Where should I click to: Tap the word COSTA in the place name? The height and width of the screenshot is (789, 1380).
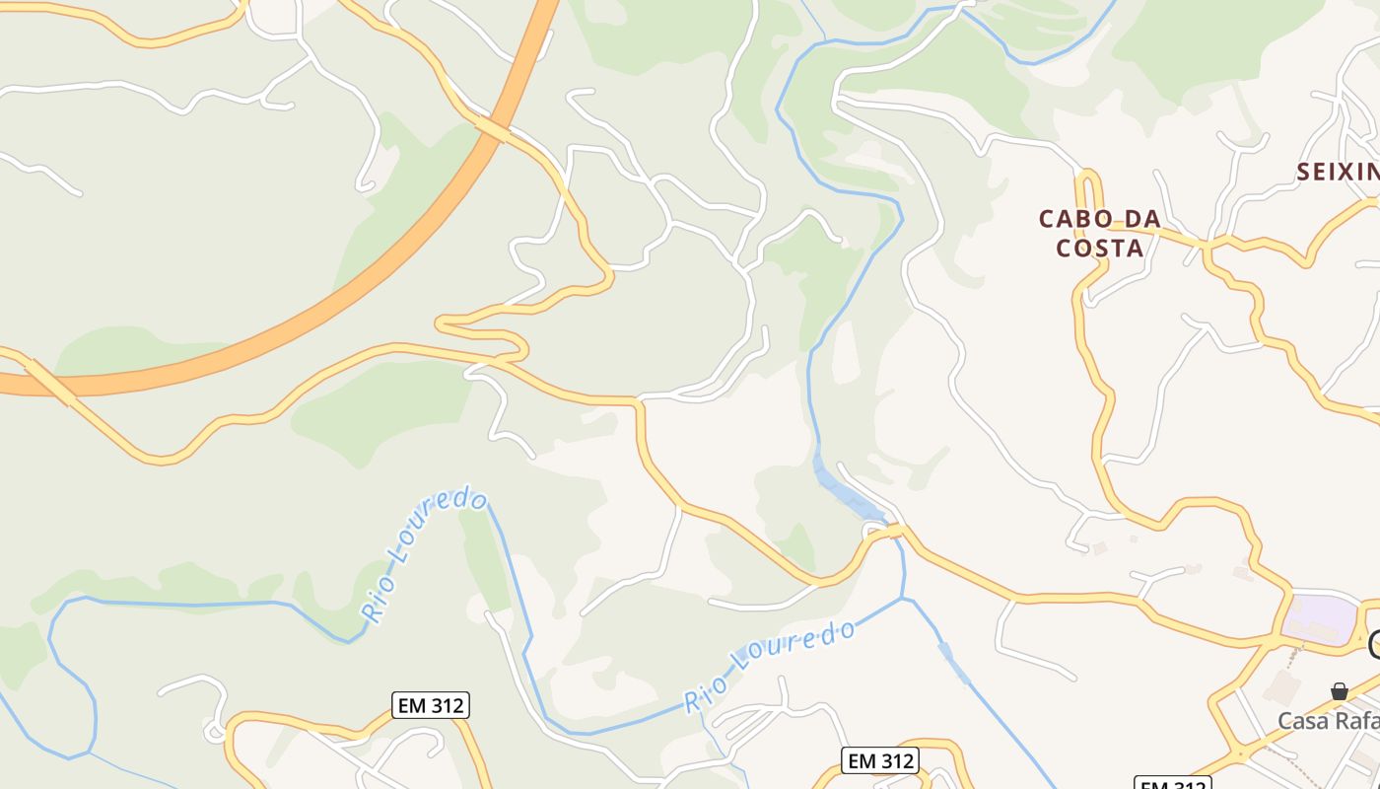tap(1100, 249)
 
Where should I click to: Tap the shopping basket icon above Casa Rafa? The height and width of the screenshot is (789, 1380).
tap(1340, 691)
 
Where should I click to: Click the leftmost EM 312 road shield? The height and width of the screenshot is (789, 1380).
tap(430, 705)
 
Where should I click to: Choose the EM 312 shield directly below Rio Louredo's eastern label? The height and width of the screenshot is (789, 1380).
tap(880, 760)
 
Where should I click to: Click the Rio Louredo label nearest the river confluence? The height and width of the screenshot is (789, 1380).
tap(771, 666)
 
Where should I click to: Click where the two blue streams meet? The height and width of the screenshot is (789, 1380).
tap(903, 598)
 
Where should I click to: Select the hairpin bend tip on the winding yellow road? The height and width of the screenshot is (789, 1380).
tap(441, 322)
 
